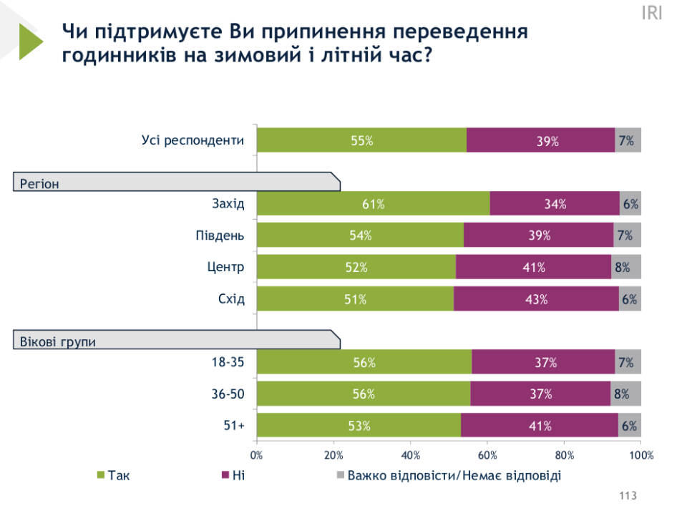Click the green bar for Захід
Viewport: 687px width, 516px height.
coord(373,204)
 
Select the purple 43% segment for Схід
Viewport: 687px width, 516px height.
coord(536,299)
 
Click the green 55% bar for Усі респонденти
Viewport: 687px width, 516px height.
coord(361,140)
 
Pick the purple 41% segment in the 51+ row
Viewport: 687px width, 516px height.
coord(540,426)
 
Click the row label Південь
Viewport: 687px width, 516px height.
coord(220,235)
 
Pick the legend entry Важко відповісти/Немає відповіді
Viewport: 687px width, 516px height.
coord(454,475)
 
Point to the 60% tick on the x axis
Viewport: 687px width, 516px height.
coord(487,455)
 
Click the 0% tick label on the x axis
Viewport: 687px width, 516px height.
coord(256,455)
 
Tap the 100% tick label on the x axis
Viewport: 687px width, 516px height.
coord(641,455)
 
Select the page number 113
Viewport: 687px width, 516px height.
coord(627,496)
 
